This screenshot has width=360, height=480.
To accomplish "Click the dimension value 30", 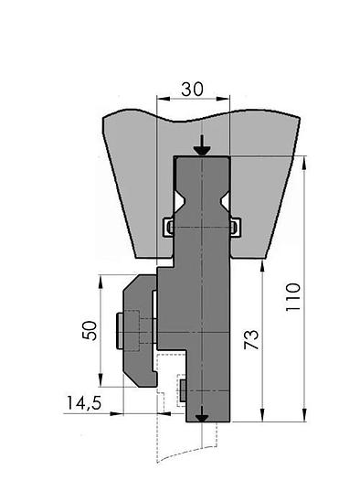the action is (192, 90).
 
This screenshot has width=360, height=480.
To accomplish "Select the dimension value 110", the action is (293, 297).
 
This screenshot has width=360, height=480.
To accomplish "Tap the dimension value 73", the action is (251, 339).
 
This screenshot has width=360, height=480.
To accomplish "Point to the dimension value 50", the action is (90, 330).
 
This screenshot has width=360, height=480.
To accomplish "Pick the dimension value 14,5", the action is (84, 403).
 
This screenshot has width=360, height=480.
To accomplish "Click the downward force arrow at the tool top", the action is (202, 145).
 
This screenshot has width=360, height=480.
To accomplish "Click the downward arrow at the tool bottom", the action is (202, 413).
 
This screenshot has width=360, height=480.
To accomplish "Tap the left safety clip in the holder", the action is (169, 227).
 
